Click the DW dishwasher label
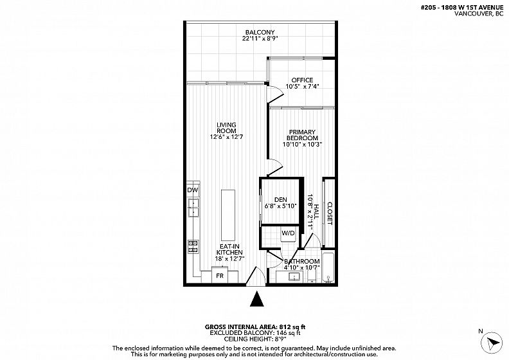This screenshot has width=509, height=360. [x=193, y=190]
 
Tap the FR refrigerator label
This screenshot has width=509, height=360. [x=220, y=276]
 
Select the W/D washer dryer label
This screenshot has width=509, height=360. [x=288, y=233]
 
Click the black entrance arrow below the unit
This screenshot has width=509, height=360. [x=257, y=299]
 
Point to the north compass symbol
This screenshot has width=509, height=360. [x=492, y=343]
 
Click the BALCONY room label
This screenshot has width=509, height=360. [x=260, y=32]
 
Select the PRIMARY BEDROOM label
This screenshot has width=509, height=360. [x=302, y=135]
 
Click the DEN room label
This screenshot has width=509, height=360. [x=280, y=200]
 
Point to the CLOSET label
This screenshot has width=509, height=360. [x=330, y=213]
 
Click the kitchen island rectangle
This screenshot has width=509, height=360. [x=228, y=215]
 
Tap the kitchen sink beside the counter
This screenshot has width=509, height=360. [x=194, y=208]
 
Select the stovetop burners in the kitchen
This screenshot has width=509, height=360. [x=193, y=246]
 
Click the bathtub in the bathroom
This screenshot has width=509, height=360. [x=328, y=267]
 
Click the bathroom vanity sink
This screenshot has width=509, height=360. [x=295, y=277]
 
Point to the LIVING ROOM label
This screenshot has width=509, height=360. [x=226, y=128]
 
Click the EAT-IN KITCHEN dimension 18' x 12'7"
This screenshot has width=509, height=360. [x=229, y=258]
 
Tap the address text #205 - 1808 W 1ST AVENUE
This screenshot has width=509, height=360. [x=462, y=8]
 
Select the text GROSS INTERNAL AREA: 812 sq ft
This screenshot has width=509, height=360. [x=255, y=327]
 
